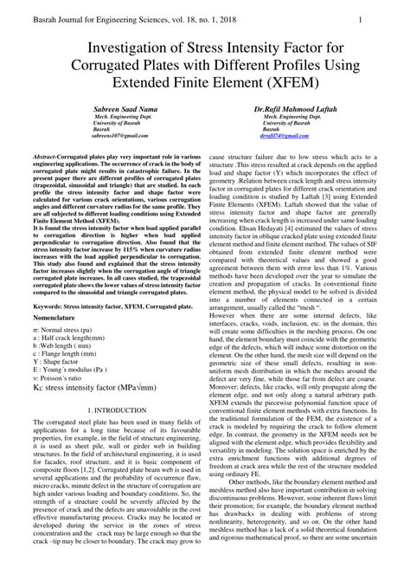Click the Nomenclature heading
(55, 319)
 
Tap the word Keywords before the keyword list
(50, 306)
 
